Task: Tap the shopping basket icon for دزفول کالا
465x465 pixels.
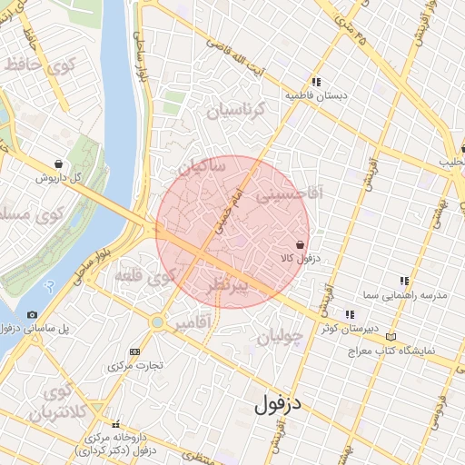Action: pyautogui.click(x=300, y=244)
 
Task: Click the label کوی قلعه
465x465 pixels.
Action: pyautogui.click(x=146, y=277)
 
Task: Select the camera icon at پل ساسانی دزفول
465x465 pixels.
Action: pyautogui.click(x=33, y=314)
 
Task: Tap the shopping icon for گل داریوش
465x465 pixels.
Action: pyautogui.click(x=59, y=164)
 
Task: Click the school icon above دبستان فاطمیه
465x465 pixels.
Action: pyautogui.click(x=316, y=80)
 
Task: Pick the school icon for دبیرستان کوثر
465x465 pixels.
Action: pyautogui.click(x=350, y=313)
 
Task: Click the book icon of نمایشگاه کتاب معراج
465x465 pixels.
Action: pyautogui.click(x=391, y=336)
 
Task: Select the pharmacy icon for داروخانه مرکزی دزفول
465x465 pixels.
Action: pyautogui.click(x=114, y=424)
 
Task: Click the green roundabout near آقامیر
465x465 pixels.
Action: pyautogui.click(x=158, y=322)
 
